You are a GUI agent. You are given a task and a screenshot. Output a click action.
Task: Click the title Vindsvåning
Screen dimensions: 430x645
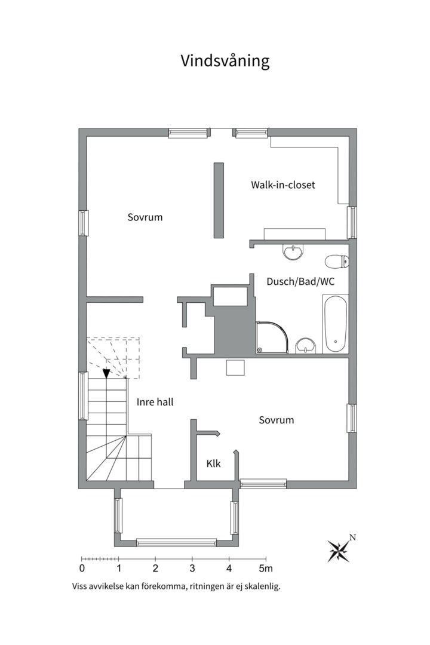[225, 61]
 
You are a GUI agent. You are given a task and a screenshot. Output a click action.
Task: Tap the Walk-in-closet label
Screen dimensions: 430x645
[283, 185]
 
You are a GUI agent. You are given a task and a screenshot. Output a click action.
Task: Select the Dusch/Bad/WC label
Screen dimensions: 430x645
[300, 282]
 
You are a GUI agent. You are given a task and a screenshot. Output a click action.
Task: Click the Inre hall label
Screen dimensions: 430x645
[155, 402]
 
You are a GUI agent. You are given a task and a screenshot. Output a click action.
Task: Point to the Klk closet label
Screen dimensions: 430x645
[214, 463]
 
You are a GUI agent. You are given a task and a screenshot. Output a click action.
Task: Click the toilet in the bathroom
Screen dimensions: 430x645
[337, 261]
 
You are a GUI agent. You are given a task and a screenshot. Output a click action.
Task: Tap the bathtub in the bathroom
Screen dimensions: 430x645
[335, 324]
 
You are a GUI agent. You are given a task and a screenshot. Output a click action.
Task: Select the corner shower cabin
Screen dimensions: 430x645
[272, 337]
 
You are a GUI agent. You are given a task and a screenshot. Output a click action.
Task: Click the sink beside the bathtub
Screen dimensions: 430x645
[306, 345]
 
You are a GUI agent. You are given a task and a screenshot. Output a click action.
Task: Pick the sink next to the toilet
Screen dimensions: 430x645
[293, 252]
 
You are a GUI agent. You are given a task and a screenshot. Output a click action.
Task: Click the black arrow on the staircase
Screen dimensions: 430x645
[106, 373]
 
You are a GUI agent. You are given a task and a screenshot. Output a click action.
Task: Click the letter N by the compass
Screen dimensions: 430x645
[352, 537]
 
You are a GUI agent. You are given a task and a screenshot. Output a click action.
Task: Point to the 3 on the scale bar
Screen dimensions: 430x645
[192, 569]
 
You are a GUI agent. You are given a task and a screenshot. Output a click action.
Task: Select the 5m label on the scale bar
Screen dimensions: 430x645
[265, 569]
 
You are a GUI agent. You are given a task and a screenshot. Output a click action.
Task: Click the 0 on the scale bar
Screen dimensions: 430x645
[82, 569]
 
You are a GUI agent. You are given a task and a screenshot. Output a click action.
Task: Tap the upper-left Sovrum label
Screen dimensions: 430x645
[145, 217]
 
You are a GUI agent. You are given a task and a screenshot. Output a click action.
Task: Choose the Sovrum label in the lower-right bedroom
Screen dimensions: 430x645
[277, 420]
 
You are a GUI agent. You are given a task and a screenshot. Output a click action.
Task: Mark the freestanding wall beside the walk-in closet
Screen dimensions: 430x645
[219, 200]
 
